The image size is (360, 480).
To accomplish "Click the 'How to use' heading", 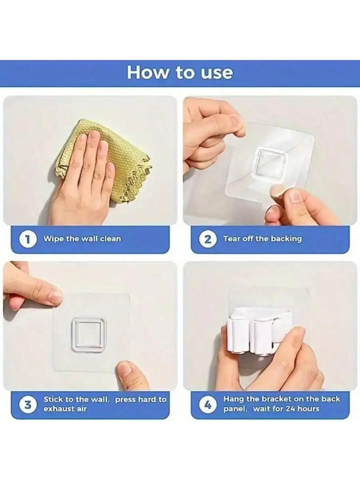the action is tap(180, 73).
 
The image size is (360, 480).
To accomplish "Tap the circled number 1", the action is tap(28, 239).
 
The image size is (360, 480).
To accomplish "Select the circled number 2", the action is tap(208, 239).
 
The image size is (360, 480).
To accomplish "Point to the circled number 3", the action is tap(28, 405).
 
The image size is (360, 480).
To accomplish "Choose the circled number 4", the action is tap(208, 405).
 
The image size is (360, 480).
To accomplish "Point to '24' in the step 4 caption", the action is tap(290, 408).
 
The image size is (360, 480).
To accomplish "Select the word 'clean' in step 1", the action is tap(111, 238).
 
